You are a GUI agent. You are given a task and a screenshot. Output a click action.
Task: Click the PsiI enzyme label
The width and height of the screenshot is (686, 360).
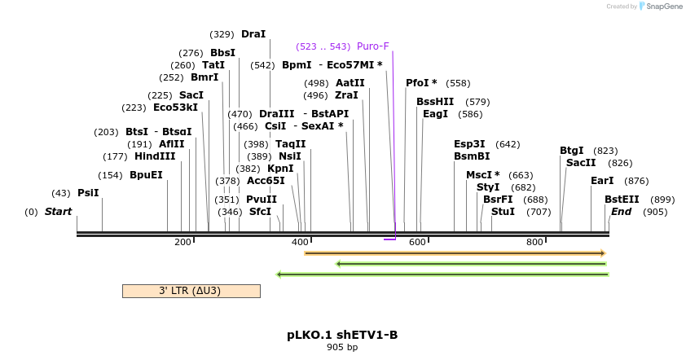tap(88, 193)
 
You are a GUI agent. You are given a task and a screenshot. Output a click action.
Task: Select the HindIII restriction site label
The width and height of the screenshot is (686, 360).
tap(155, 156)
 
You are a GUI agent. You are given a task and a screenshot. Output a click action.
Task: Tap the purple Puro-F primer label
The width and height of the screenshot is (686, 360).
tap(372, 46)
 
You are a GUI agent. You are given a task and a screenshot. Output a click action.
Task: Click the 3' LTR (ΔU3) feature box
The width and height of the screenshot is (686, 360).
tap(191, 291)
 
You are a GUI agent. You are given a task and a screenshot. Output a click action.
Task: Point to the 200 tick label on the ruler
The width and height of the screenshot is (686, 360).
tap(182, 242)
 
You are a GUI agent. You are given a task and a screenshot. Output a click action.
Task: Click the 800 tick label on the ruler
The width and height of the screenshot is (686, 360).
tap(534, 242)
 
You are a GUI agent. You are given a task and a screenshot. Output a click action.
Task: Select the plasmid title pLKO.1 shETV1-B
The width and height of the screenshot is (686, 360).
tap(342, 335)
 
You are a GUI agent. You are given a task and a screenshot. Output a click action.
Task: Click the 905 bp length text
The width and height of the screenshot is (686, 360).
tap(342, 348)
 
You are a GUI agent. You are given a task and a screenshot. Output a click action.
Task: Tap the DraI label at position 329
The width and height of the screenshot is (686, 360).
tap(253, 34)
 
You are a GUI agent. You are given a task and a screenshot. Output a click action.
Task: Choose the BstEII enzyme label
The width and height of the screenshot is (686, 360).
tap(622, 200)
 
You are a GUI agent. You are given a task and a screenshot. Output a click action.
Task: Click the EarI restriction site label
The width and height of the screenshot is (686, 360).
tap(602, 181)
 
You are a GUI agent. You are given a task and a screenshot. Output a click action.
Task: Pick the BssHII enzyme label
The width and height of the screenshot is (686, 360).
tap(435, 102)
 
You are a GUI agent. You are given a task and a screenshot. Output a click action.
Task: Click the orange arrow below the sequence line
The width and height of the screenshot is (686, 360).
tap(455, 253)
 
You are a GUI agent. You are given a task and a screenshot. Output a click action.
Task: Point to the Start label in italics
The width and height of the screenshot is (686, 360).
tap(58, 212)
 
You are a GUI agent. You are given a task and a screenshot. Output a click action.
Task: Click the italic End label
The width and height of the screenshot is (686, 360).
tap(621, 212)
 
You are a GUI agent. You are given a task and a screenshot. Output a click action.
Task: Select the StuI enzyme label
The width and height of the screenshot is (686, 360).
tap(503, 212)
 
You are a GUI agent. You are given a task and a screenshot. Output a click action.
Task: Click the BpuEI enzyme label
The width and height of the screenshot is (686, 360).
tap(146, 175)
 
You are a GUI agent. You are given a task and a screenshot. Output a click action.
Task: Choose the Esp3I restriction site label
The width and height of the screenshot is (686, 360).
tap(469, 144)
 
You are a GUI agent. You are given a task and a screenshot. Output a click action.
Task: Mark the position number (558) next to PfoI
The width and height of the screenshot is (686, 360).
tap(458, 83)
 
